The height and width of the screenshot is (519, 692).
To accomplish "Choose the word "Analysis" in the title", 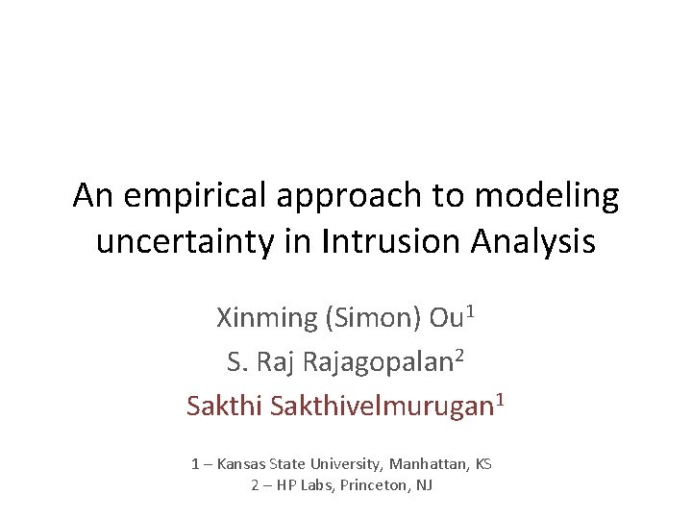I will click(532, 242).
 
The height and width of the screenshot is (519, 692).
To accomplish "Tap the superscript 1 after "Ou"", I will click(468, 309).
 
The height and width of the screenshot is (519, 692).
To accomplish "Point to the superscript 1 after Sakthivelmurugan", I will click(499, 398).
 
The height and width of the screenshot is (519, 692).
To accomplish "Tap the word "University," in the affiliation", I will click(339, 464).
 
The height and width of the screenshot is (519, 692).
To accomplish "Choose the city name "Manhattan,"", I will click(427, 464).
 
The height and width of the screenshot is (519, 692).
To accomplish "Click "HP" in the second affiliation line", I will click(287, 485).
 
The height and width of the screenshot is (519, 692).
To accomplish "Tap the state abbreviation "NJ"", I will click(424, 485).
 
